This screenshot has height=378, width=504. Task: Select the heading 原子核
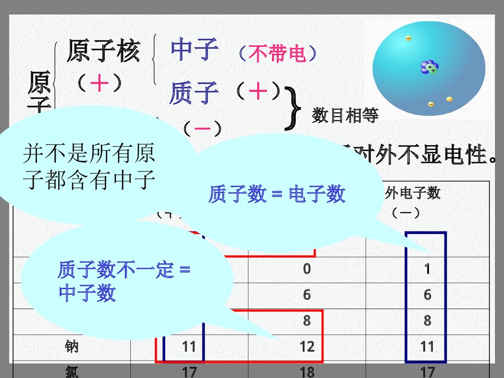(x=103, y=51)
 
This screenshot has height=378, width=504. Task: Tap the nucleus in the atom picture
(x=430, y=68)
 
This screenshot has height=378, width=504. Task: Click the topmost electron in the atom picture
(x=408, y=38)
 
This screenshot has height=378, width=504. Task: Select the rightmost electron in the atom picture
(x=449, y=99)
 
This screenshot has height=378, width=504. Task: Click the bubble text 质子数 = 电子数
(x=277, y=194)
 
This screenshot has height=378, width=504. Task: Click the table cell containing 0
(x=306, y=269)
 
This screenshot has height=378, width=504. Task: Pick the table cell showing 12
(x=306, y=346)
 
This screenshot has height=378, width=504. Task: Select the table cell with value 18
(x=306, y=371)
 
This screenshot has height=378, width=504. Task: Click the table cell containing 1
(x=427, y=269)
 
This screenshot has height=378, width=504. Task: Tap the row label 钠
(x=72, y=346)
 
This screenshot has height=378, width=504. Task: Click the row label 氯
(x=72, y=372)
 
